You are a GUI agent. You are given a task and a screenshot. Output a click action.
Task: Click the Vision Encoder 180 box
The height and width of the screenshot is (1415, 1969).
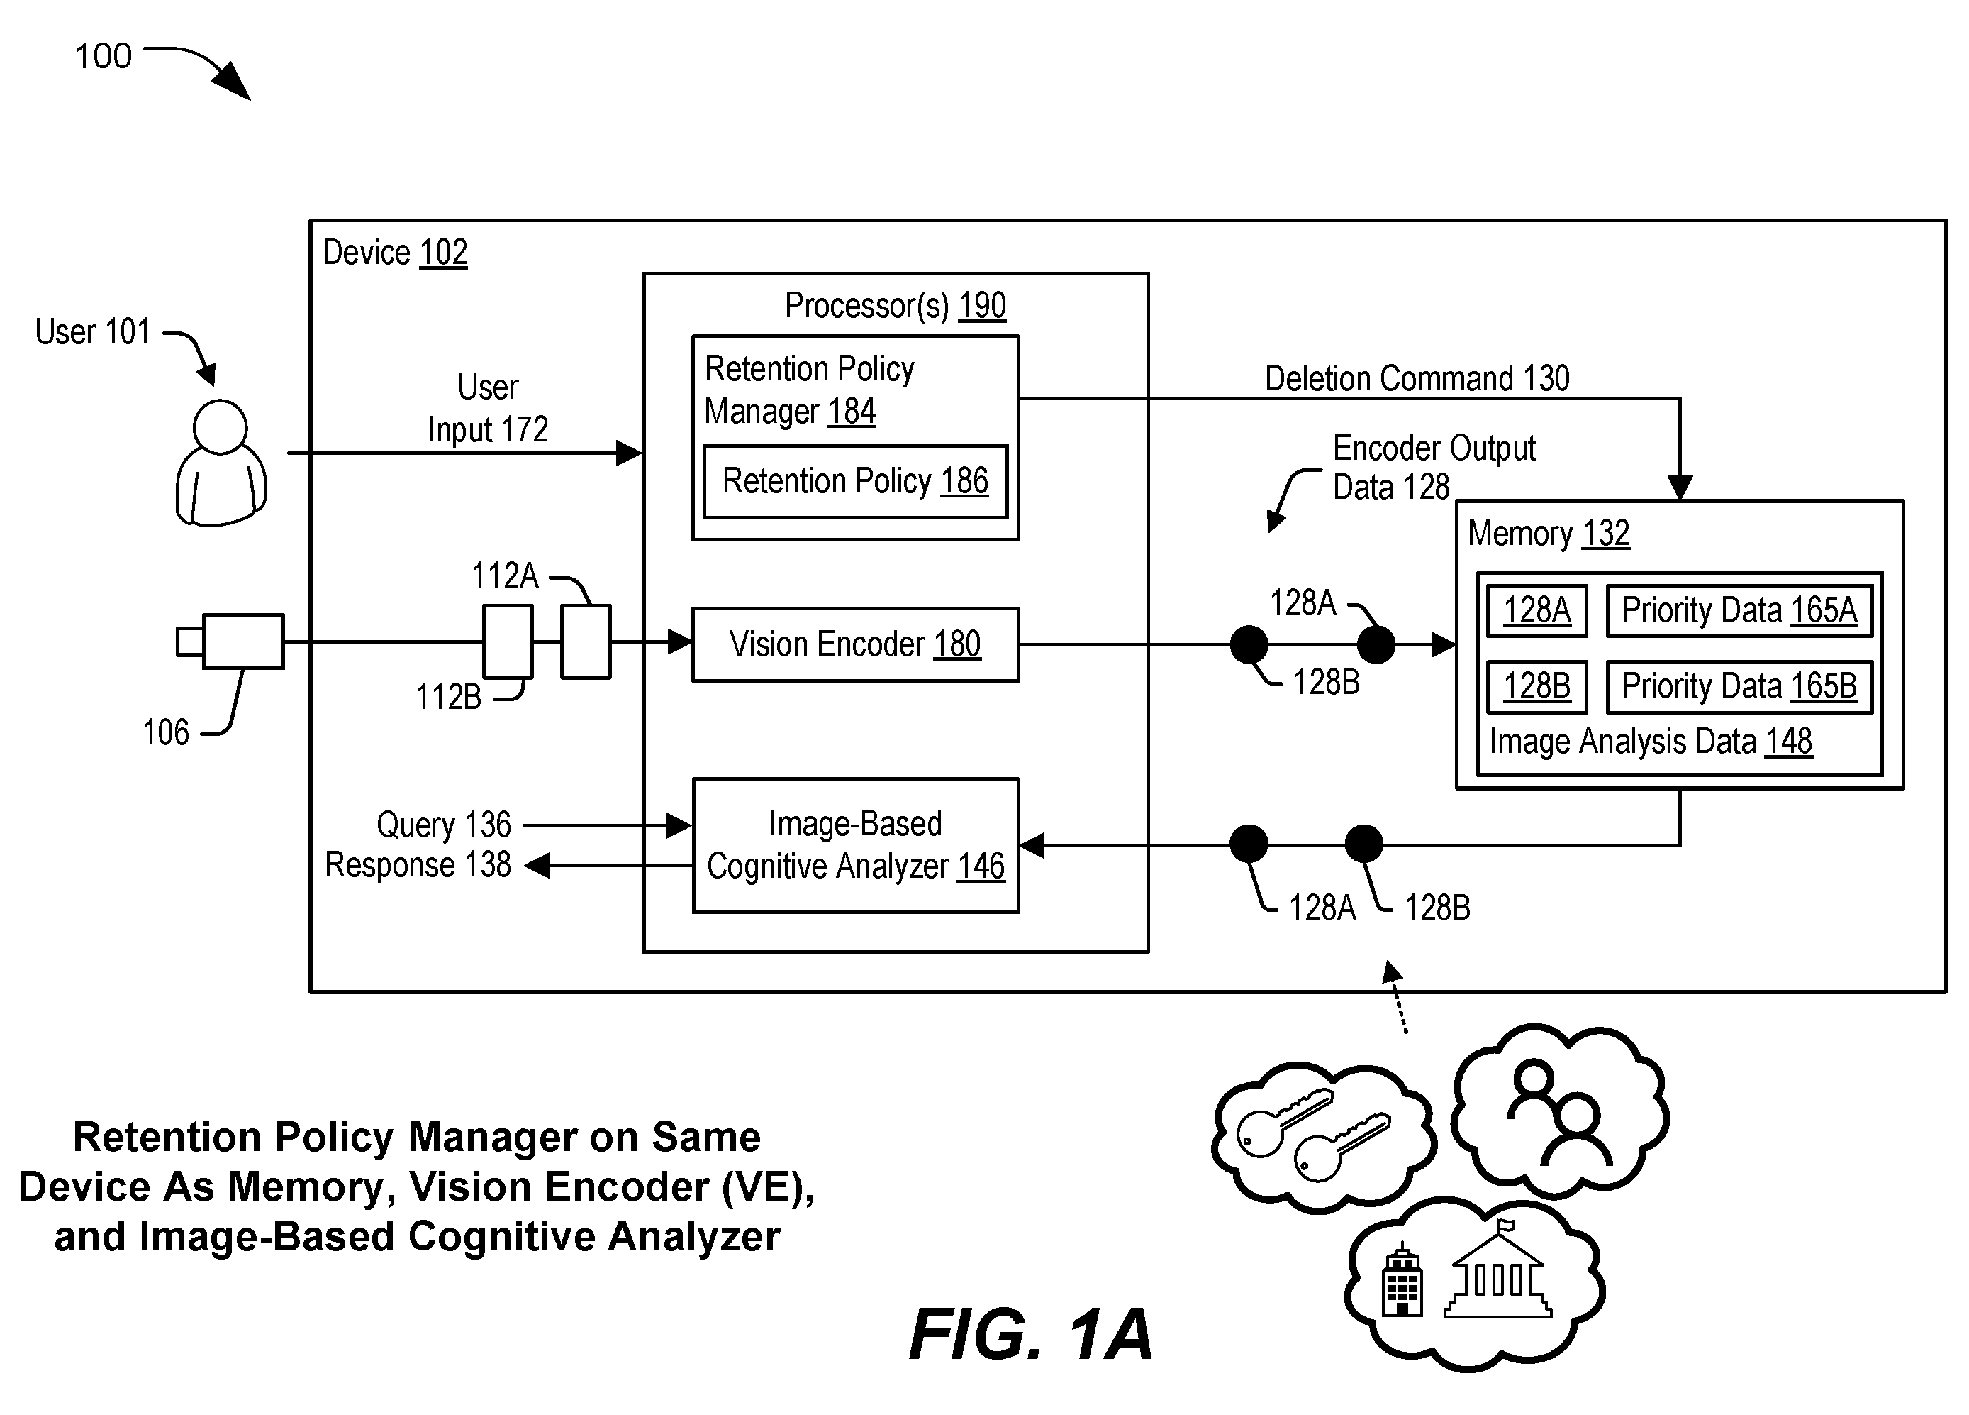[855, 644]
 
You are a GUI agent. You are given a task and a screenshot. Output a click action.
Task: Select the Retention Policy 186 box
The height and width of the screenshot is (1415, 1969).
[855, 481]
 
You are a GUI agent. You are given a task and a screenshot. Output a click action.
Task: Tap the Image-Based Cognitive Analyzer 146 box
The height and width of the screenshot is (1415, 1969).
[855, 845]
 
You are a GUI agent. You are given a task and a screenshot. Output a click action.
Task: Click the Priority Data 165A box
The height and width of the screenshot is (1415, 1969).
[1739, 611]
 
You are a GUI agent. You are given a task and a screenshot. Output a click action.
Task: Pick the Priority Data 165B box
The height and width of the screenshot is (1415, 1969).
[1739, 686]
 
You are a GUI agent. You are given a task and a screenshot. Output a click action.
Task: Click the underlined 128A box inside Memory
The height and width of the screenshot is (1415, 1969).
[1536, 611]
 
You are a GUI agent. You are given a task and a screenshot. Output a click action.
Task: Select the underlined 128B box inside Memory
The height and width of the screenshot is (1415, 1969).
[1536, 686]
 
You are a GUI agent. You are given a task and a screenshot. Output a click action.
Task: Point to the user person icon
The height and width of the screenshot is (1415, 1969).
[221, 463]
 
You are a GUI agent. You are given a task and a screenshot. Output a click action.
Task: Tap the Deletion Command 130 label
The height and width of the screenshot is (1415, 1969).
[1417, 379]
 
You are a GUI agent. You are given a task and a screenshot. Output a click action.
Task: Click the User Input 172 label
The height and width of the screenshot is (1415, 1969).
[488, 408]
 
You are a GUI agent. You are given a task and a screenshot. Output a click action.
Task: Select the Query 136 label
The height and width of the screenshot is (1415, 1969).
[444, 825]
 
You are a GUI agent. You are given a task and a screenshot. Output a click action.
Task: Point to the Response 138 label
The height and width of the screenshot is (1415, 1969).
[418, 865]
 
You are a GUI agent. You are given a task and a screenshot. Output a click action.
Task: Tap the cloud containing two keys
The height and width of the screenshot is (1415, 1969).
[1322, 1136]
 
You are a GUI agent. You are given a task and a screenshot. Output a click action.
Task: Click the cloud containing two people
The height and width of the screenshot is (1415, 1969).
[1560, 1108]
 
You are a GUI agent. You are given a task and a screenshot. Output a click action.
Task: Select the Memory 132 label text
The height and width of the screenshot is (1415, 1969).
[1548, 534]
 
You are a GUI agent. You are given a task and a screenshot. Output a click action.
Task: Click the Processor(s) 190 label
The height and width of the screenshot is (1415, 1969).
[895, 306]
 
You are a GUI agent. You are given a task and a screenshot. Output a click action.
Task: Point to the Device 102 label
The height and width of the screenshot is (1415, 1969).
[395, 253]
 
